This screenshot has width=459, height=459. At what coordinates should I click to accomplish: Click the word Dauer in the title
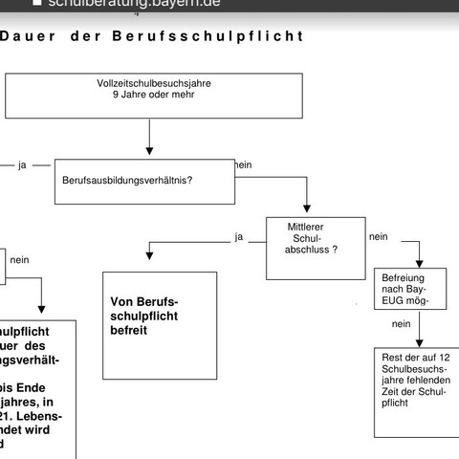(28, 36)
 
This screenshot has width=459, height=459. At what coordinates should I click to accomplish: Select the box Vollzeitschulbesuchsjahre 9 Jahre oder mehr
(154, 95)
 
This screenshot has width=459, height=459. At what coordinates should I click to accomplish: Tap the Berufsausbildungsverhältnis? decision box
(144, 181)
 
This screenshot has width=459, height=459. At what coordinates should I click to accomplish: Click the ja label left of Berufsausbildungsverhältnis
(21, 164)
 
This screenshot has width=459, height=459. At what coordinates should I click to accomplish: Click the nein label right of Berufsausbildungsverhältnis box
(243, 164)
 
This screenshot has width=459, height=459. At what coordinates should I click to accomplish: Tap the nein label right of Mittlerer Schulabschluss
(379, 236)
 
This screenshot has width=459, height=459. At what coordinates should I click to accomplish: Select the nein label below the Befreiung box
(402, 323)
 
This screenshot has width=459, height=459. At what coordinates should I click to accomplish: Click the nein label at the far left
(20, 259)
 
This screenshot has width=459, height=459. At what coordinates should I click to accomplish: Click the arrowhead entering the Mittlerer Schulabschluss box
(306, 212)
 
